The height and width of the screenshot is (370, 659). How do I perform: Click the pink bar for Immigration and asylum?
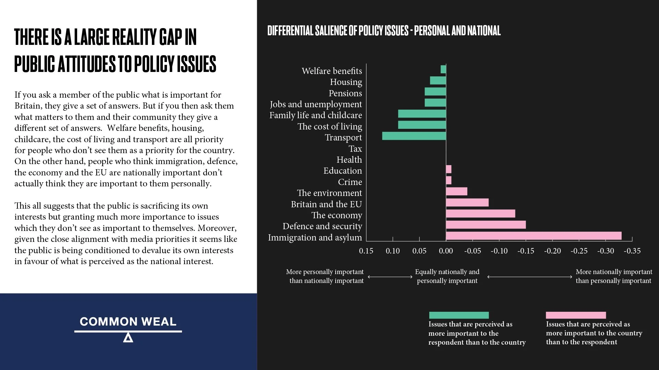[534, 236]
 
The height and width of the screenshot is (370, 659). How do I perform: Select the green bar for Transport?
[414, 136]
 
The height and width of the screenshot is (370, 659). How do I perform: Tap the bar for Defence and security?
[486, 225]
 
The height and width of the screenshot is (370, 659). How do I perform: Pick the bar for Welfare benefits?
[443, 70]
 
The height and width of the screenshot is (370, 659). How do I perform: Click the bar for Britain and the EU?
[467, 203]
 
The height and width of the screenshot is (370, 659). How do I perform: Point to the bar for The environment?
[456, 192]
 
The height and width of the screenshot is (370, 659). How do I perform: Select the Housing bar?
[438, 81]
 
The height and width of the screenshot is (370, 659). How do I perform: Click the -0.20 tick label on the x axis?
[552, 251]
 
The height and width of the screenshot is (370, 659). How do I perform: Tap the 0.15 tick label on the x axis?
[366, 251]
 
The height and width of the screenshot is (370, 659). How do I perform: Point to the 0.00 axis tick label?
[446, 251]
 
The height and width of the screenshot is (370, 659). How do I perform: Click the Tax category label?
[355, 149]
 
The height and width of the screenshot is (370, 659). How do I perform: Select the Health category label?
[349, 160]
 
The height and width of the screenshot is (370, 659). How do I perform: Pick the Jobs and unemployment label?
[316, 104]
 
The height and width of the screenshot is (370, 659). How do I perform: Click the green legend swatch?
[459, 315]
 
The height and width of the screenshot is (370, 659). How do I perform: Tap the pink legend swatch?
[576, 315]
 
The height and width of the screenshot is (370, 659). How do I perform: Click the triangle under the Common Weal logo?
[128, 338]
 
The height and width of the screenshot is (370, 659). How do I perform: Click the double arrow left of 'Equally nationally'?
[390, 277]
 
